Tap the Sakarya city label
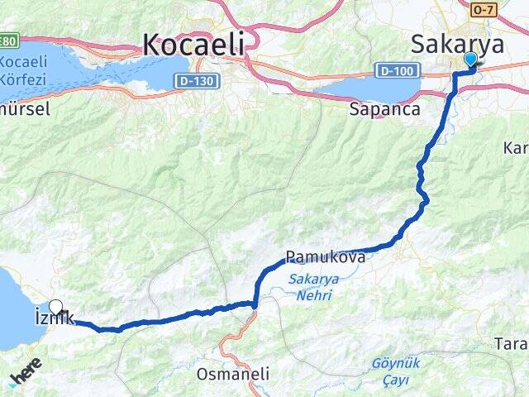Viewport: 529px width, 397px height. click(457, 43)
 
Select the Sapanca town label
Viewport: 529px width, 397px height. click(385, 108)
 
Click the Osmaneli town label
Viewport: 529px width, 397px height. click(233, 374)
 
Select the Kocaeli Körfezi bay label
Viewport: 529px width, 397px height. click(24, 72)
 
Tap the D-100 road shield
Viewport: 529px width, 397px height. click(394, 71)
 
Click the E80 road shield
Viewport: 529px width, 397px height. click(9, 41)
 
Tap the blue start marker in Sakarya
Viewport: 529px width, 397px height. click(470, 60)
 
